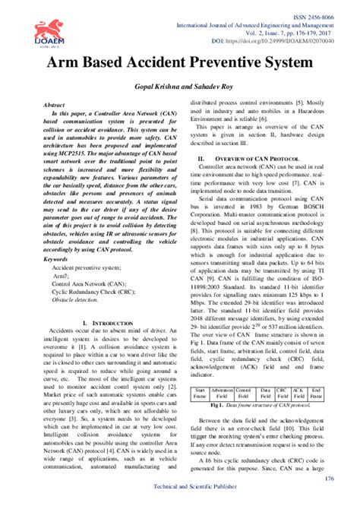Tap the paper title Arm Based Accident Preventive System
pos(180,62)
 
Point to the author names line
pos(180,88)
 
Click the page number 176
pos(328,479)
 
